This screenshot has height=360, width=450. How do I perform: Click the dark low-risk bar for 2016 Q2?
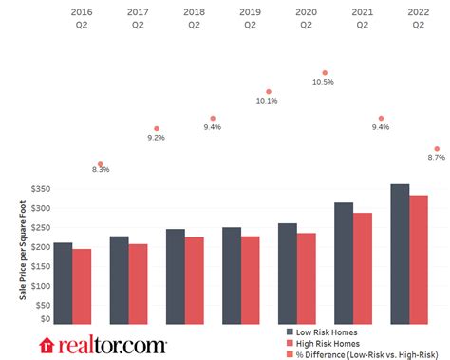click(x=63, y=283)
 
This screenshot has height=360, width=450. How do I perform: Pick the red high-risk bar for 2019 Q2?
click(x=250, y=279)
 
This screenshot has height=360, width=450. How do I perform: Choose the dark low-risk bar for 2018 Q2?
click(x=175, y=276)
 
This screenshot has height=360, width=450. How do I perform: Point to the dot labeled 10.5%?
click(x=325, y=72)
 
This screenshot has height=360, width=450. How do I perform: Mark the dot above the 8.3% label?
click(x=101, y=163)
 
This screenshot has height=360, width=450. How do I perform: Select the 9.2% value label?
click(x=157, y=138)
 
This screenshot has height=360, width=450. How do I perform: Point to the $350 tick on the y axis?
click(x=40, y=189)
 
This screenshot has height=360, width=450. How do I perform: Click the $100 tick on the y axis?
click(x=40, y=283)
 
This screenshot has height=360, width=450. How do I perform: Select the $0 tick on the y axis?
click(x=45, y=320)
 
